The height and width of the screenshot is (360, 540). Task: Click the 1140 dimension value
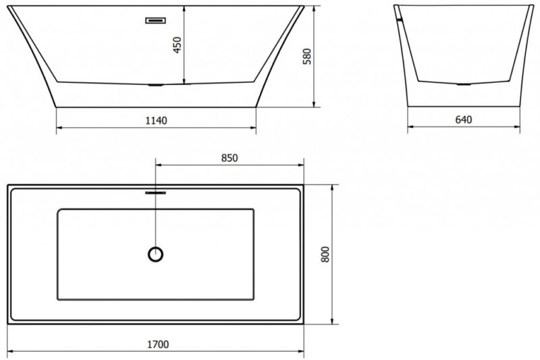tap(156, 121)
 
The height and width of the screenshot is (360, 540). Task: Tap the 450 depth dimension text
tap(177, 45)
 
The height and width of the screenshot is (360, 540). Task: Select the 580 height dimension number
tap(307, 57)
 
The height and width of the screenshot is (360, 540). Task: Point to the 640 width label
tap(464, 120)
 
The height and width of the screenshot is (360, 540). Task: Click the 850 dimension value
tap(230, 158)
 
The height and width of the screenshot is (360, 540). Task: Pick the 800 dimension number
tap(325, 255)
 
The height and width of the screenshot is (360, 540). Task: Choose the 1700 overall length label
tap(158, 344)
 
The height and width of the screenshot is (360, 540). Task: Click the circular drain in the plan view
tap(155, 254)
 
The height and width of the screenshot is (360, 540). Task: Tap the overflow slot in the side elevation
tap(156, 20)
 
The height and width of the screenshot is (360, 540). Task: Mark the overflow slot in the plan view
tap(155, 193)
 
